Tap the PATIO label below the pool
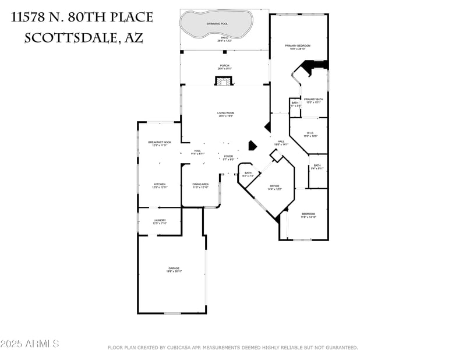point(224,39)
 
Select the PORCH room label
point(224,66)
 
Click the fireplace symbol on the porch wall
point(224,82)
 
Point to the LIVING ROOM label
point(225,113)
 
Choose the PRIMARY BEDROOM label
point(297,45)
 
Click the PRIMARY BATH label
point(313,100)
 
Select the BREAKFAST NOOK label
point(160,142)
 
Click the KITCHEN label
point(160,184)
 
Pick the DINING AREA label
point(200,184)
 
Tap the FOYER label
point(228,156)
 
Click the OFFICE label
point(274,186)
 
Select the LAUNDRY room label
point(160,220)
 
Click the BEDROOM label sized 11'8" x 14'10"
point(308,214)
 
